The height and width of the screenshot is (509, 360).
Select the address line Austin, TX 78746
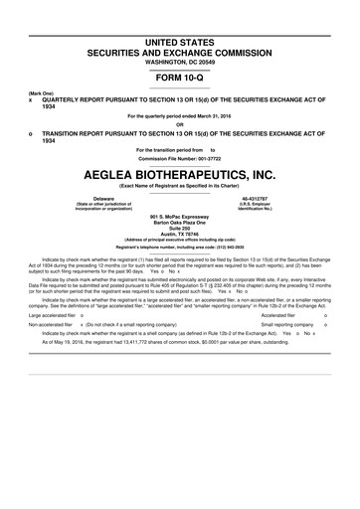(x=180, y=233)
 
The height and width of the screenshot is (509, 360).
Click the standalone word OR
(x=180, y=124)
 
